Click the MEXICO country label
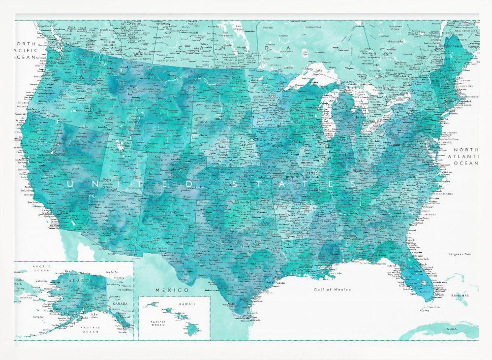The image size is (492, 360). click(172, 290)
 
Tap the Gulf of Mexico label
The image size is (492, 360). click(333, 290)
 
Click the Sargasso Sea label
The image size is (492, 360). click(460, 254)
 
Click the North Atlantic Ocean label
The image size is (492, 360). click(466, 156)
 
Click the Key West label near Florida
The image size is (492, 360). click(422, 311)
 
